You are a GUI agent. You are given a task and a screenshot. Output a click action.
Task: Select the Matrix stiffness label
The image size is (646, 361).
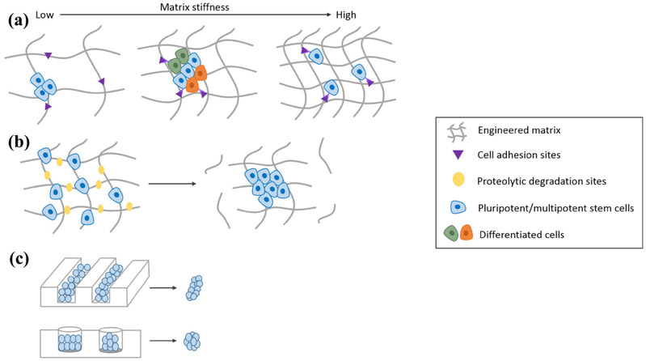tap(181, 6)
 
